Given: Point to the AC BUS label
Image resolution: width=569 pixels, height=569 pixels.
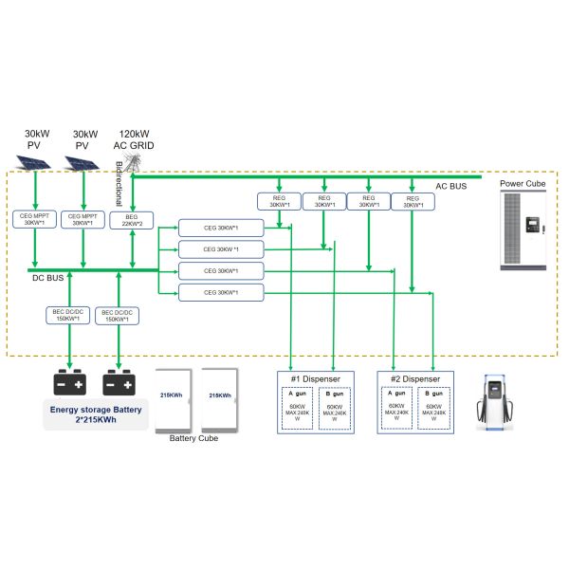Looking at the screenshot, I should pos(452,187).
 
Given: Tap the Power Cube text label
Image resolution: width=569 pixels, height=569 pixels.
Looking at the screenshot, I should pos(525,184).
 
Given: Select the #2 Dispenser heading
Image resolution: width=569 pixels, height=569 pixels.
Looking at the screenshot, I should pos(415,378).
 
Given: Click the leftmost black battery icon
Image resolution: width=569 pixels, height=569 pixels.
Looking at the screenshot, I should pos(68,382).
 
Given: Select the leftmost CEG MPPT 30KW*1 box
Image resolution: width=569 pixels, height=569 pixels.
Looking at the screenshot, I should pos(35,219).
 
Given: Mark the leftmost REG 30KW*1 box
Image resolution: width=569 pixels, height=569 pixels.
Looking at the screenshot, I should pos(278,201).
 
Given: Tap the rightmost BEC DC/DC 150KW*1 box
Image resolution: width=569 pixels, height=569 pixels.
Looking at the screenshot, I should pos(118,315).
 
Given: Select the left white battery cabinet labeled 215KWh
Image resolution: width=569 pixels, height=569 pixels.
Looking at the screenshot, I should pos(174,397).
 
